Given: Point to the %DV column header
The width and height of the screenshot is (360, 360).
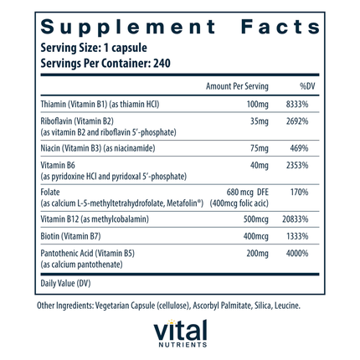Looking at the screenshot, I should (307, 86).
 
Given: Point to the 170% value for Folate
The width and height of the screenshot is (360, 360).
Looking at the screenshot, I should (307, 189).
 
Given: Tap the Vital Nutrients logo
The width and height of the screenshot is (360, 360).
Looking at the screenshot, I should (179, 336).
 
